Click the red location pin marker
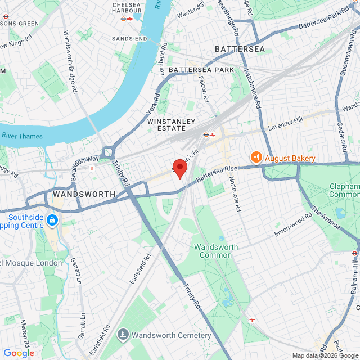(179, 168)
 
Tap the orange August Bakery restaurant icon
(255, 158)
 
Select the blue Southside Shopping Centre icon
(52, 219)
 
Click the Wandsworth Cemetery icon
(123, 335)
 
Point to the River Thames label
(22, 136)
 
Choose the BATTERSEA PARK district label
(201, 70)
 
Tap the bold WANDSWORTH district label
(84, 193)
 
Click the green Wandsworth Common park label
(216, 251)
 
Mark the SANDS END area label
(129, 38)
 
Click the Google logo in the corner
(19, 353)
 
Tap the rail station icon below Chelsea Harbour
(127, 18)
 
